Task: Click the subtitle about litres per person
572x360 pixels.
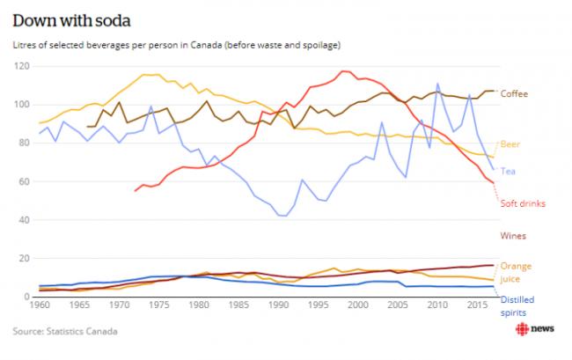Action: pyautogui.click(x=177, y=43)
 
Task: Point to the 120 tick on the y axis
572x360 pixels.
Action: pyautogui.click(x=20, y=66)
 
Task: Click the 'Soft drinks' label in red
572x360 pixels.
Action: pyautogui.click(x=523, y=203)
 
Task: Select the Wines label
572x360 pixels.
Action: pyautogui.click(x=515, y=236)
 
